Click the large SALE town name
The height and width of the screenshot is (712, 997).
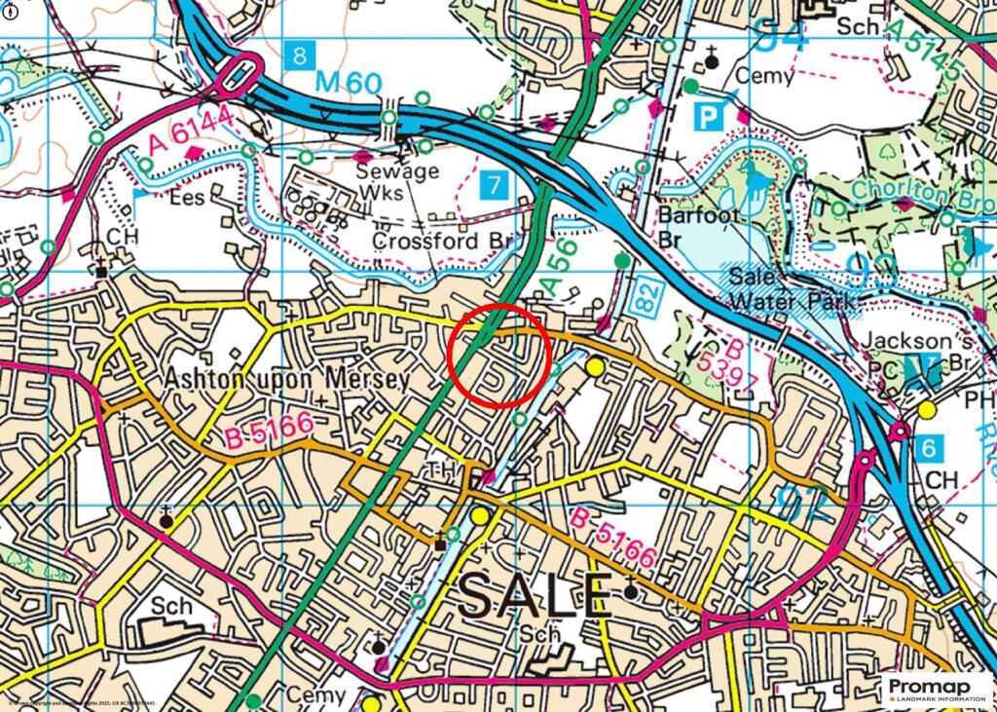[535, 595]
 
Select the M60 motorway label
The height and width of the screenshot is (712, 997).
[346, 84]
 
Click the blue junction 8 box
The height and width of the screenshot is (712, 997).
[299, 55]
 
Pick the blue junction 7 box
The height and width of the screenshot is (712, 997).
[496, 182]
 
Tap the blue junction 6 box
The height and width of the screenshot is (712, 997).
[930, 448]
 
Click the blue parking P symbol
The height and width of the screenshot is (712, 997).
[708, 118]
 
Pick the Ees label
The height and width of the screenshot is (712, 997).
[185, 198]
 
